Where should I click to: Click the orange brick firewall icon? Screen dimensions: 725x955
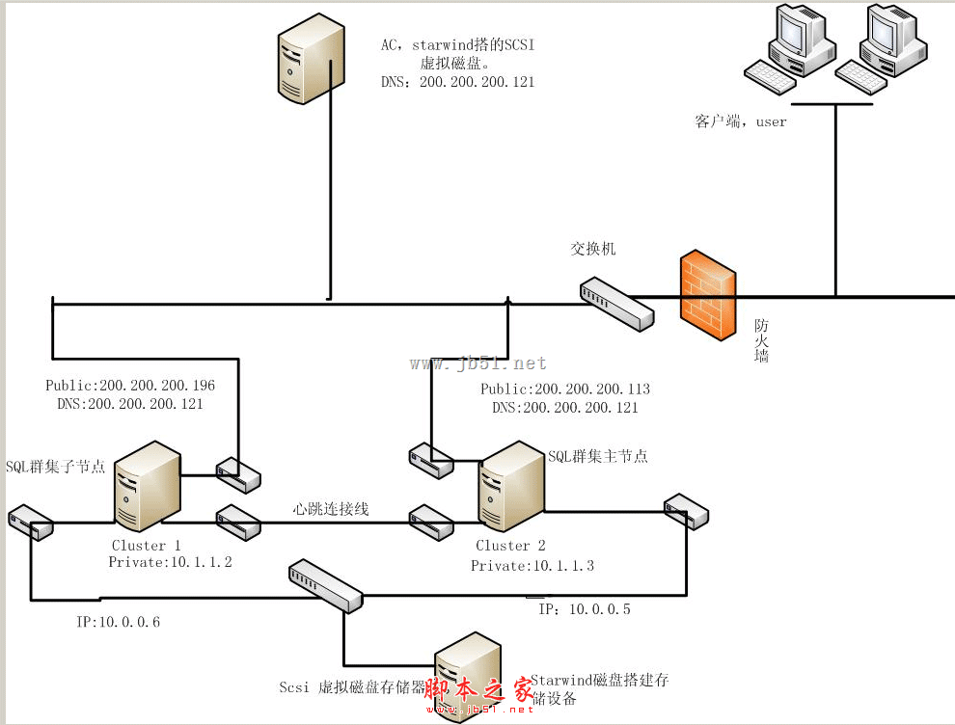tap(707, 295)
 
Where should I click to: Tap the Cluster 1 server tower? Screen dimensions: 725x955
tap(147, 487)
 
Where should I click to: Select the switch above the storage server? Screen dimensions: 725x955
tap(326, 584)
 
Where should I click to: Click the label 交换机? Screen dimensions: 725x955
tap(592, 249)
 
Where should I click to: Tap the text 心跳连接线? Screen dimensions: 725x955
tap(332, 508)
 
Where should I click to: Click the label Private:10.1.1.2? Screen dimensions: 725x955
tap(170, 562)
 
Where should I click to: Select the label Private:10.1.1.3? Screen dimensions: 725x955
tap(532, 566)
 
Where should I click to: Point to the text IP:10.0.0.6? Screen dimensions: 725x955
tap(118, 622)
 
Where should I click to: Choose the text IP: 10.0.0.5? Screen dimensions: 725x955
tap(585, 609)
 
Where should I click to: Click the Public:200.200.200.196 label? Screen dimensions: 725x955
tap(130, 386)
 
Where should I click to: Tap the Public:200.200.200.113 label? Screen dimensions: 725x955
tap(565, 389)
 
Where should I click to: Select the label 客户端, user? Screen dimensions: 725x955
tap(741, 121)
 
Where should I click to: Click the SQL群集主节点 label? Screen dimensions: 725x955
tap(598, 456)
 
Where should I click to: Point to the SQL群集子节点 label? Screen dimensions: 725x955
tap(56, 467)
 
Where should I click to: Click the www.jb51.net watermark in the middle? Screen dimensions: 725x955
tap(478, 363)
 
